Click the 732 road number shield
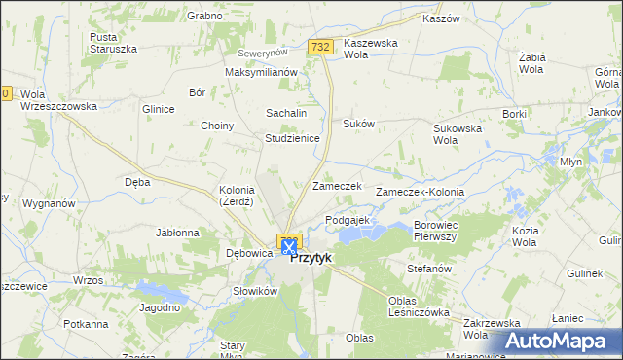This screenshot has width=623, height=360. pos(321,47)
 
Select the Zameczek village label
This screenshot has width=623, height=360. pos(337,185)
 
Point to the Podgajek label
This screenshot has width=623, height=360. pos(348,220)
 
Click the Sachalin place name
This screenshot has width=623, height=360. pos(286,113)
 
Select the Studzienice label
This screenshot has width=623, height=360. pos(293,138)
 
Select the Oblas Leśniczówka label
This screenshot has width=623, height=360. pos(418,306)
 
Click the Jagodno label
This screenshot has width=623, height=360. pos(161,307)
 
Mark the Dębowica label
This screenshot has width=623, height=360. pos(247,253)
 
